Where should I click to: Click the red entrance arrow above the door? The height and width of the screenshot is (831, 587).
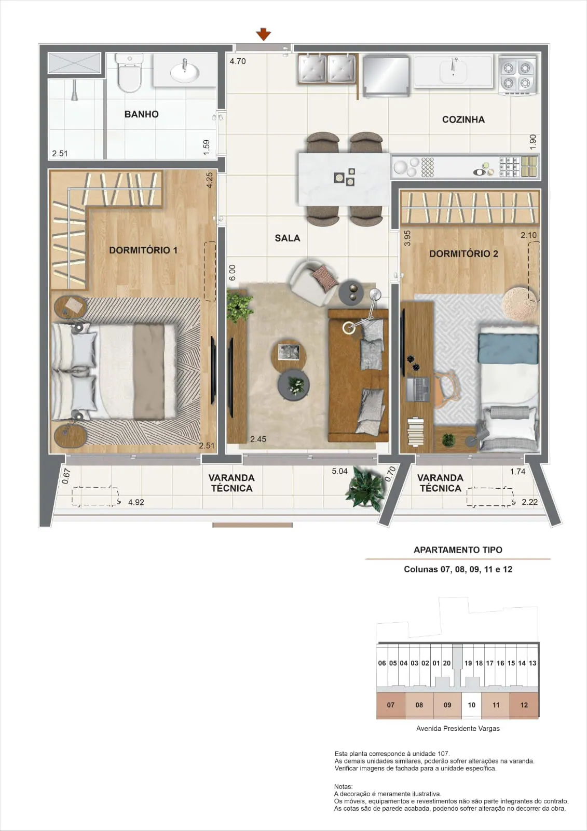[263, 34]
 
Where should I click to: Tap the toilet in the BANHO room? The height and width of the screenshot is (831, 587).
[129, 72]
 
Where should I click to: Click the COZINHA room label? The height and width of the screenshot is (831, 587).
[463, 119]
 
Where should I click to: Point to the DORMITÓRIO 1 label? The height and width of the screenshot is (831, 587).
[143, 250]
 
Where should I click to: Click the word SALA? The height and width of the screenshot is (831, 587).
[288, 238]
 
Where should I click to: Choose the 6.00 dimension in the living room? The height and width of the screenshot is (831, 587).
[232, 272]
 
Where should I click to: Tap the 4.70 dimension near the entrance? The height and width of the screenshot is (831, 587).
[238, 61]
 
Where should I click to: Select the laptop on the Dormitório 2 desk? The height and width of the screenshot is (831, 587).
[417, 389]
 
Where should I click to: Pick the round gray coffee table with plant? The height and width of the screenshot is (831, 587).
[293, 385]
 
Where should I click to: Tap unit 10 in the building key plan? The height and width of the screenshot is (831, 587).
[471, 705]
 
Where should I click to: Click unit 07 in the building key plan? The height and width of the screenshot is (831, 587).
[390, 705]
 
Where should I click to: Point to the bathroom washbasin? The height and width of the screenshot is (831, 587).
[184, 71]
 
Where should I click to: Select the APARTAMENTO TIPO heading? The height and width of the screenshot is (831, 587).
[458, 550]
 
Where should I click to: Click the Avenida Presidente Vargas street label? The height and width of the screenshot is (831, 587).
[458, 728]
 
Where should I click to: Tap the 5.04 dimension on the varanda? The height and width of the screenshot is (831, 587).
[339, 471]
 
